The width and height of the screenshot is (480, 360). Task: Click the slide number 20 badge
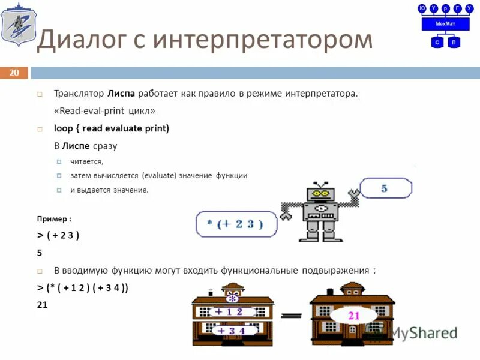[14, 73]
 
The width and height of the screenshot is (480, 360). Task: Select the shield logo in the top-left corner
[18, 27]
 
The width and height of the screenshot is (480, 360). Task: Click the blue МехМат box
[445, 24]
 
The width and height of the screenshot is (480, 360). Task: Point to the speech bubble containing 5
[385, 189]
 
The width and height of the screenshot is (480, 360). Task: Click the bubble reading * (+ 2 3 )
[235, 225]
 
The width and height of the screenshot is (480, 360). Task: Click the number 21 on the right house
[353, 315]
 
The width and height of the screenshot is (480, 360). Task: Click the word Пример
[52, 219]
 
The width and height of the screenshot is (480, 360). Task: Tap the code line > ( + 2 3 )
[58, 235]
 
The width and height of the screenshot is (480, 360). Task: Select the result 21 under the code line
[42, 305]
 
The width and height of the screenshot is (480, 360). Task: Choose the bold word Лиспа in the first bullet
[121, 94]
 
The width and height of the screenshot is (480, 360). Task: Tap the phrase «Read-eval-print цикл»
[104, 111]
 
